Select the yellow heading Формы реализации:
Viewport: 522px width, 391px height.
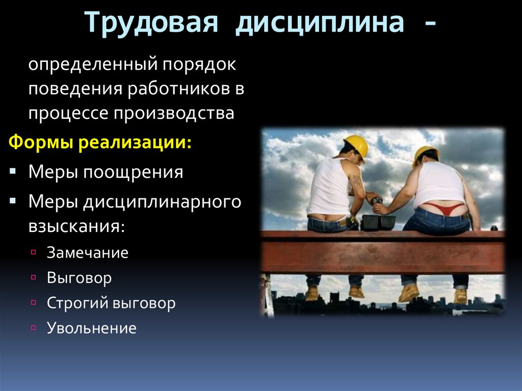tap(100, 142)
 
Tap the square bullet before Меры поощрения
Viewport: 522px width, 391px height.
tap(13, 171)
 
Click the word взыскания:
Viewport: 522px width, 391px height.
tap(76, 226)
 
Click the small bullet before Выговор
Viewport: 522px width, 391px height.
tap(33, 278)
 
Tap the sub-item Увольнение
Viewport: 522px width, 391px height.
tap(92, 328)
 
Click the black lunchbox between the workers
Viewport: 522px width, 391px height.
tap(378, 222)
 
